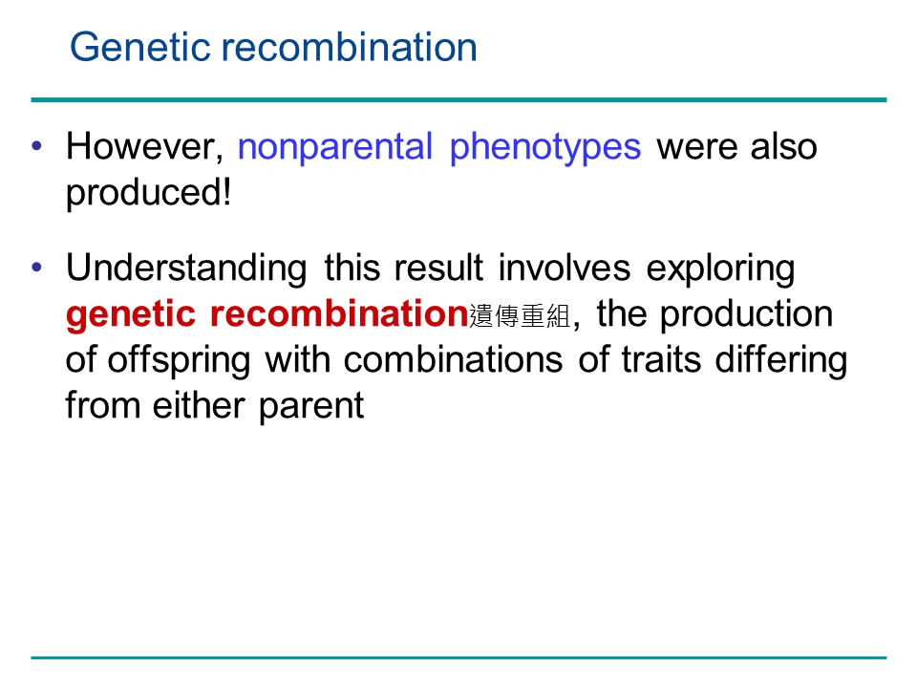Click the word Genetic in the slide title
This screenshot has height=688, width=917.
tap(139, 47)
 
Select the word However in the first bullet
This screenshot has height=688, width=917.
tap(144, 146)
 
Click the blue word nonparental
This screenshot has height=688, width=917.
tap(335, 147)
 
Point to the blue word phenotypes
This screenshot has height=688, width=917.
tap(545, 147)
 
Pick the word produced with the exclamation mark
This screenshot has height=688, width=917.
tap(149, 192)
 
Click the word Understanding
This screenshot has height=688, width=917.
tap(186, 269)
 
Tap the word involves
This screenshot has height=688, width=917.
tap(565, 268)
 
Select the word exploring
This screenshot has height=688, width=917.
tap(720, 269)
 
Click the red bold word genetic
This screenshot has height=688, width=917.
tap(131, 315)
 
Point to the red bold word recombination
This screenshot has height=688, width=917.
tap(339, 314)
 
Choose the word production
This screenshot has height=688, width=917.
tap(746, 314)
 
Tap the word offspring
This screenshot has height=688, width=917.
tap(179, 360)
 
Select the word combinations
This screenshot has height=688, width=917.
tap(453, 360)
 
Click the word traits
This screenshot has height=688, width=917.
tap(661, 360)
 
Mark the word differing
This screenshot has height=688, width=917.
tap(781, 360)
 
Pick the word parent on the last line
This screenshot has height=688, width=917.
tap(311, 406)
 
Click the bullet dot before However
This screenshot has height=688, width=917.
tap(37, 145)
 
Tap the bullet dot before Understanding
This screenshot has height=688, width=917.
tap(37, 268)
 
